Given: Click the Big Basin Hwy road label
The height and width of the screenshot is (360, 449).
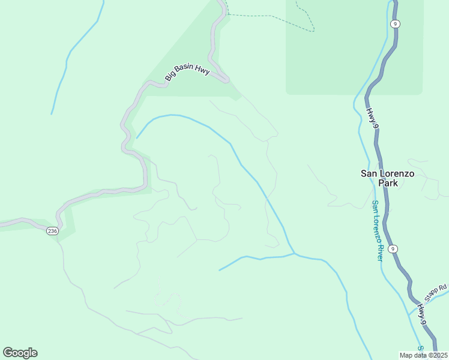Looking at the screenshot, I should pos(187,73).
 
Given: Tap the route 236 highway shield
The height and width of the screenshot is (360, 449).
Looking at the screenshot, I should pos(53,232).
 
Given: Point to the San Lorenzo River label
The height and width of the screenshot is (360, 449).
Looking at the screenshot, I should pos(376,230).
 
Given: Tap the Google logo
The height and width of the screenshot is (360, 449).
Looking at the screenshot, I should pos(20,353).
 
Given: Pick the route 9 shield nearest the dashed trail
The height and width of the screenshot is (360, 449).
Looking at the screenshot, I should pos(394,24).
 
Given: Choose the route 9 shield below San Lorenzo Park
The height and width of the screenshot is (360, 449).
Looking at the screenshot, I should pos(393,248).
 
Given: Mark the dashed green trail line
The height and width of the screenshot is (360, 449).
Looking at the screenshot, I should pos(270,16).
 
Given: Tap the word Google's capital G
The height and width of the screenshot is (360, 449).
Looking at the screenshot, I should pos(8,353).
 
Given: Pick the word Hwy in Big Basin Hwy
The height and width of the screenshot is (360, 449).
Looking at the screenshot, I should pos(202,71).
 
